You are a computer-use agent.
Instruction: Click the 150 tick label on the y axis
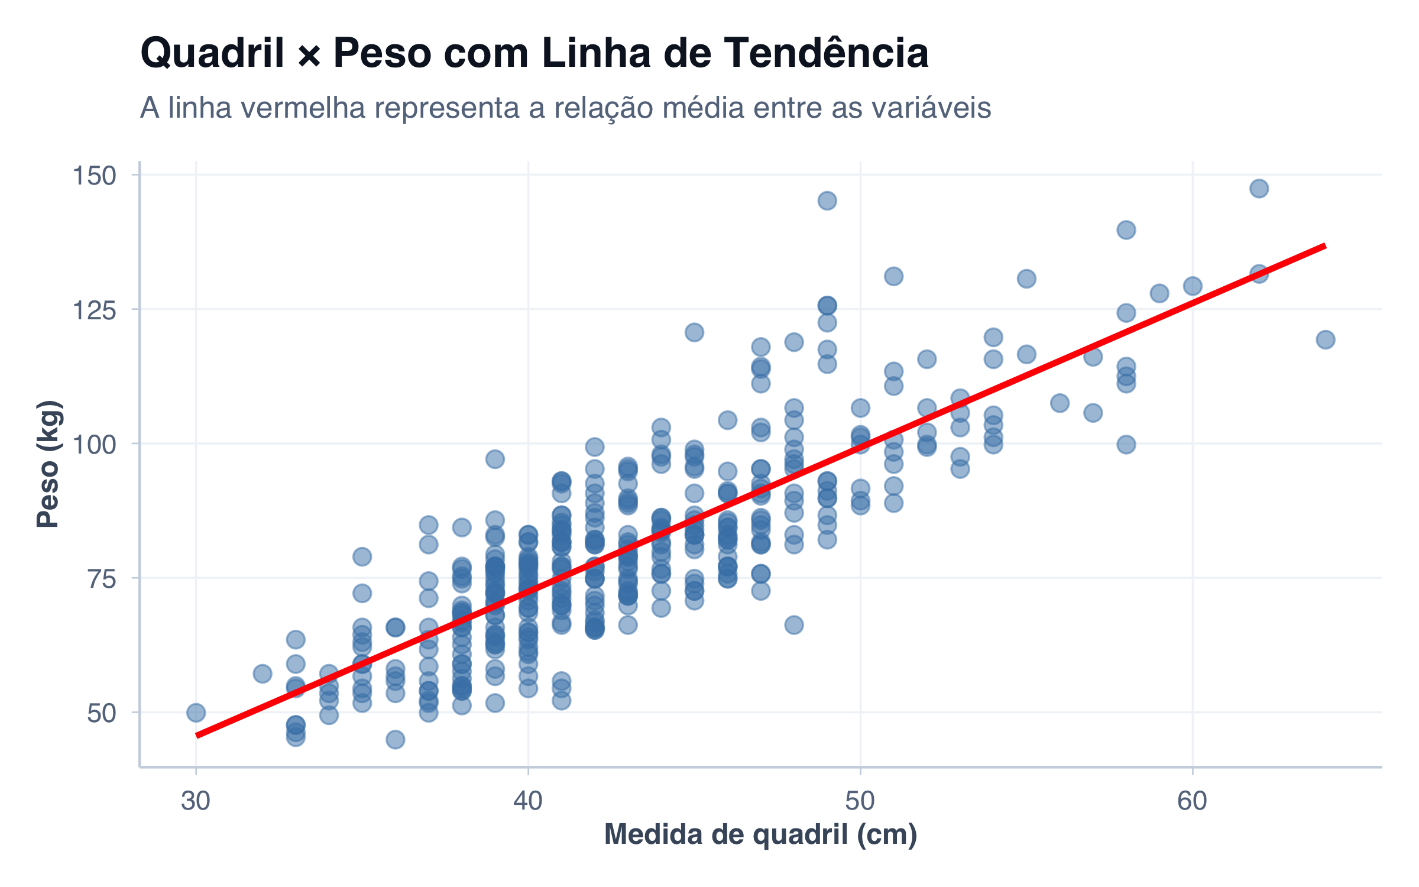94,176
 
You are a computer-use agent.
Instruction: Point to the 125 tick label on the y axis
94,310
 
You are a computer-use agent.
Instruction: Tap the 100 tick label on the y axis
94,445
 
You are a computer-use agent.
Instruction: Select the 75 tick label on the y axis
101,579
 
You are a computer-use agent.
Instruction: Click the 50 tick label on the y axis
101,714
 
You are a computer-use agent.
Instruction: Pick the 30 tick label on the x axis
196,801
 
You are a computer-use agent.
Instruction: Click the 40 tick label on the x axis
528,801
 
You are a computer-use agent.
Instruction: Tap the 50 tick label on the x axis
860,801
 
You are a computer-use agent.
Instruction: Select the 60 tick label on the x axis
1193,801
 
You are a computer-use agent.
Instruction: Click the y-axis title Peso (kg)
48,464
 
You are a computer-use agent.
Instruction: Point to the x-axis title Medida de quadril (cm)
760,835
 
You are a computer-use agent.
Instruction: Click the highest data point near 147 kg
1259,189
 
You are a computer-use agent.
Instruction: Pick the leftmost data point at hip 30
196,713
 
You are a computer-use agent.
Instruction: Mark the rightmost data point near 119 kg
1326,339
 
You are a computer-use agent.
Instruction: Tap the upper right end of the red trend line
1324,245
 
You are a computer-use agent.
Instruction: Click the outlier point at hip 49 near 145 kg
827,200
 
